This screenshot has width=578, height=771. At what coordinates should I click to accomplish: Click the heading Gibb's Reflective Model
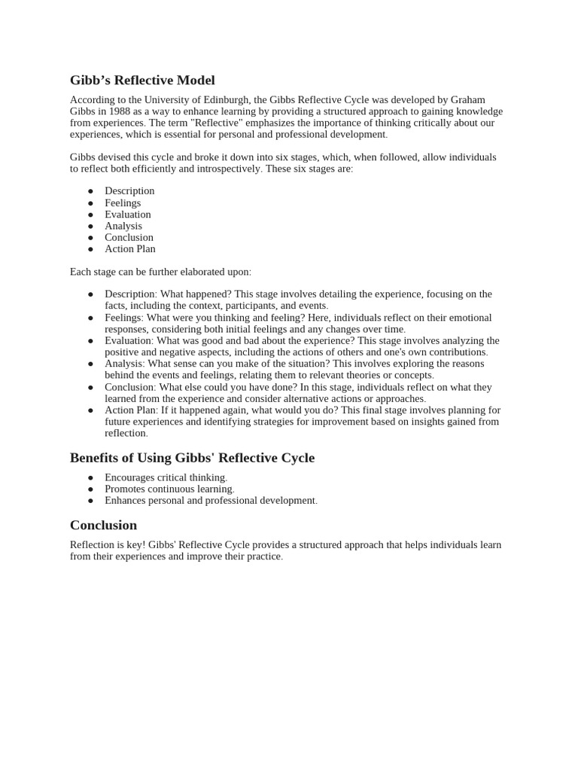tap(142, 80)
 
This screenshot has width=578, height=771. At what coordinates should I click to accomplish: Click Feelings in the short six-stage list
tap(123, 203)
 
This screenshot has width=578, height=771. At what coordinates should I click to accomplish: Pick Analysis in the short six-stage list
tap(123, 226)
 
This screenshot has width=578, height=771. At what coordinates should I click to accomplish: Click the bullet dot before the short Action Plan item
tap(90, 249)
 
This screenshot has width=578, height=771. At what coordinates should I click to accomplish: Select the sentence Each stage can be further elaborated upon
tap(160, 272)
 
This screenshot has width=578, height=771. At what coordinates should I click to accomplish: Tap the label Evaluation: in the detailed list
tap(129, 341)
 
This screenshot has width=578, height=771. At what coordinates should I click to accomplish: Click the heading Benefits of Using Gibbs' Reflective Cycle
tap(192, 458)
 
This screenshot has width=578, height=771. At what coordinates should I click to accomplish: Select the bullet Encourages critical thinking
tap(166, 477)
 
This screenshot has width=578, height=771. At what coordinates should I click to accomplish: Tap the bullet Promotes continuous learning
tap(169, 489)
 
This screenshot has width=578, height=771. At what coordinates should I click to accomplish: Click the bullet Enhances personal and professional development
tap(211, 501)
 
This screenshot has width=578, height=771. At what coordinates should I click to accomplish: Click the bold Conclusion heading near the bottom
tap(103, 525)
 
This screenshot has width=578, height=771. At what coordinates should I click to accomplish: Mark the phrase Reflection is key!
tap(108, 545)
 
